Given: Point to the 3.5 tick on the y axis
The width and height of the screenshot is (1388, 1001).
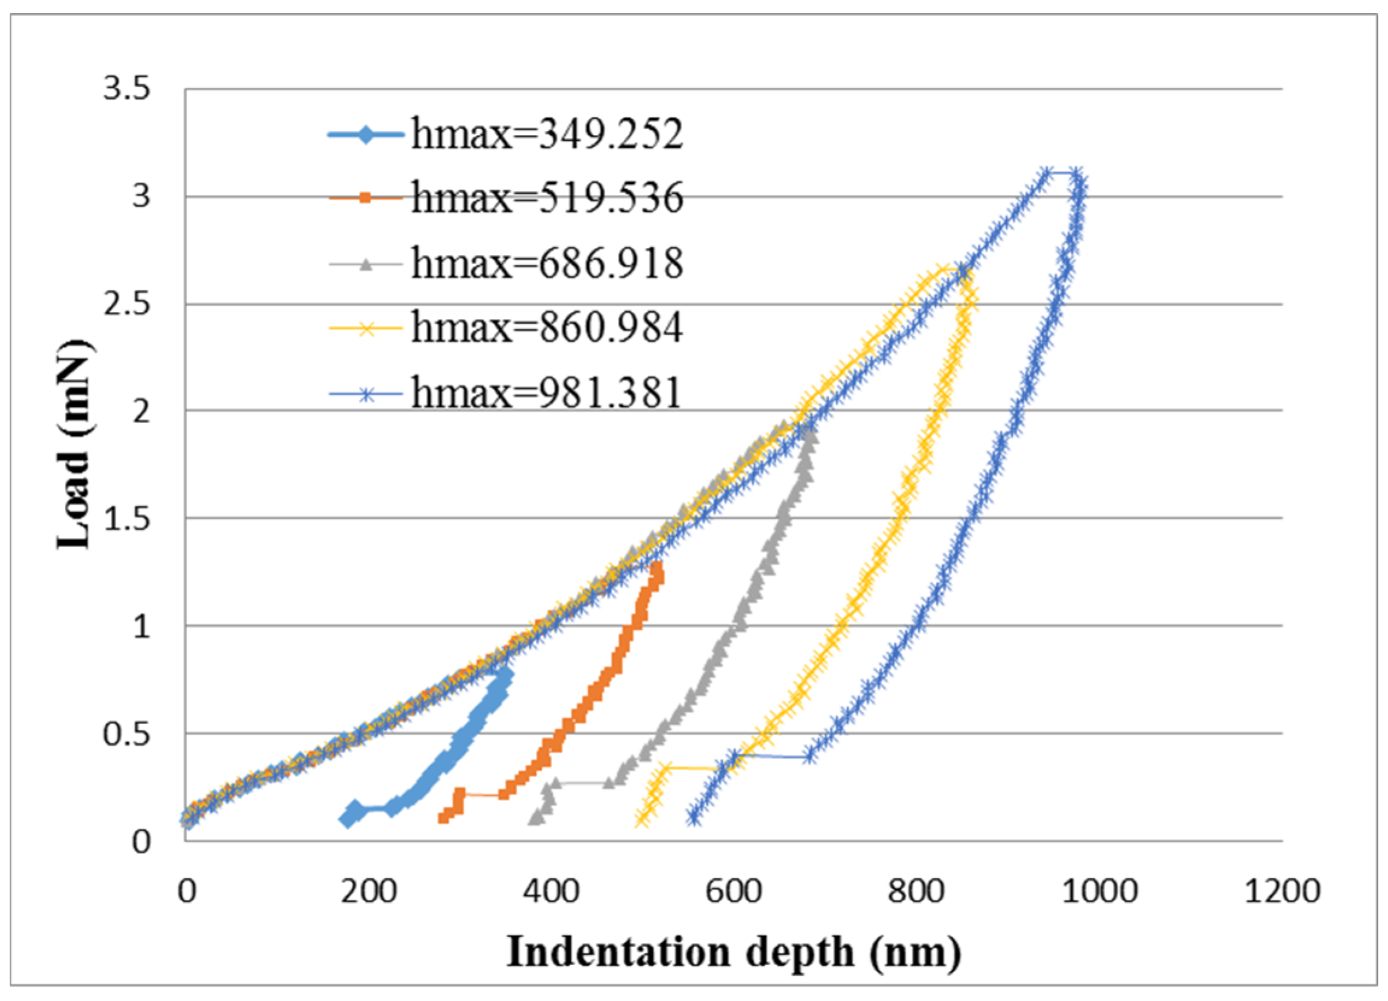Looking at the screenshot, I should [x=126, y=89].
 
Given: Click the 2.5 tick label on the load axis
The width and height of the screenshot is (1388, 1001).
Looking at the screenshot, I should [x=126, y=304].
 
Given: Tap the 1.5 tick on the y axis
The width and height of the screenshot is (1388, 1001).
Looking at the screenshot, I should [x=126, y=519].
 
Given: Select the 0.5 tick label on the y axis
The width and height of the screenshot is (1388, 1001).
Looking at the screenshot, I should [x=126, y=734].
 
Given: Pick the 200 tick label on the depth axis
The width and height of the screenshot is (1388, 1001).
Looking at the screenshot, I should [x=369, y=891].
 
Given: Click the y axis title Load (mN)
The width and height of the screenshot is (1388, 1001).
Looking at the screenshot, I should [x=75, y=445].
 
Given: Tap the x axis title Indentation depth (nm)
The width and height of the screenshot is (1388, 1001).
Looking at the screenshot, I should [x=733, y=952].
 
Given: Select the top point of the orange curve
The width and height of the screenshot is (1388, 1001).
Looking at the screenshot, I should [x=657, y=566].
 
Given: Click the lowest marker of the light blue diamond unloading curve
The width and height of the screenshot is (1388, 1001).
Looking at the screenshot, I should [x=347, y=819].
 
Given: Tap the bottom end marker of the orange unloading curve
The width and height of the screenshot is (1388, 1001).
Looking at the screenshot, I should [x=444, y=817].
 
